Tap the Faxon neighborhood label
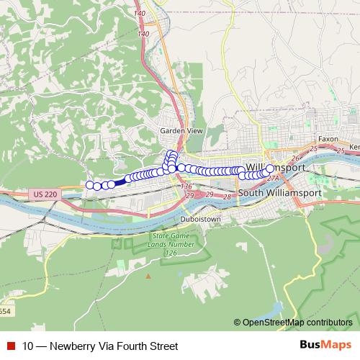328,138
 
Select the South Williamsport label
274,193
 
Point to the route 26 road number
294,159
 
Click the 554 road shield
5,310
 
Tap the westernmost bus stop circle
90,185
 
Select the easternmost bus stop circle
271,168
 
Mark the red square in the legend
10,346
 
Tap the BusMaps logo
326,346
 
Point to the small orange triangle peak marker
148,275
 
